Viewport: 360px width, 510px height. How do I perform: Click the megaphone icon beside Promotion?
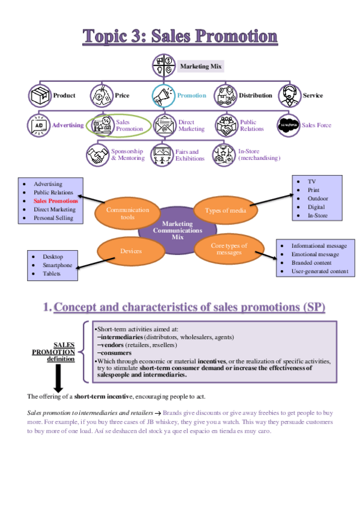coord(163,95)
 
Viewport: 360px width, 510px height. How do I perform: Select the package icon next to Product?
coord(40,95)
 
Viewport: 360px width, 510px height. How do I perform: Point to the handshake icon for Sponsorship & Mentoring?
coord(97,154)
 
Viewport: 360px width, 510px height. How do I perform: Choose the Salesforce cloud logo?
coord(288,125)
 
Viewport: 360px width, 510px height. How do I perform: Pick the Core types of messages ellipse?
coord(229,248)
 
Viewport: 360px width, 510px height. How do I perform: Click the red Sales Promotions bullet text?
coord(56,201)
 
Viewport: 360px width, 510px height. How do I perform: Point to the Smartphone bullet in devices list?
coord(57,265)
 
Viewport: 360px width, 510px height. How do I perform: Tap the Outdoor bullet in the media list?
coord(318,198)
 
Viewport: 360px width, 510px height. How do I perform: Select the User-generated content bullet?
coord(319,271)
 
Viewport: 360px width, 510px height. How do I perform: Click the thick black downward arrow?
coord(59,378)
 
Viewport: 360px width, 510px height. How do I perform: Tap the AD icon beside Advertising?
coord(39,125)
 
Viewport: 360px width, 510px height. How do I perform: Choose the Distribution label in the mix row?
coord(255,95)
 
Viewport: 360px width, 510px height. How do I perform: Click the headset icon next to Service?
coord(290,95)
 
